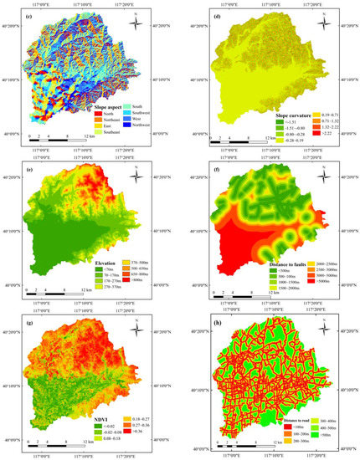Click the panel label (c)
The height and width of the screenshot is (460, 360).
point(29,17)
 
